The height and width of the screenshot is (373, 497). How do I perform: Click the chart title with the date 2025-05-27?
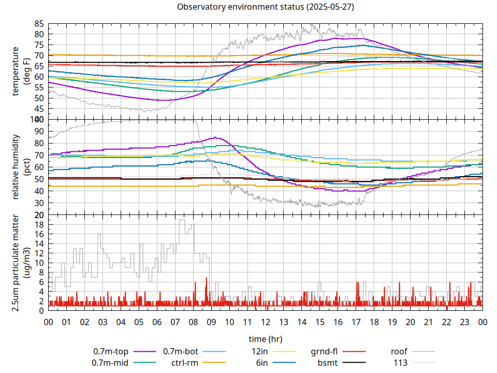pos(266,7)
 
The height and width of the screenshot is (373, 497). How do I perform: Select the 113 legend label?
pos(401,363)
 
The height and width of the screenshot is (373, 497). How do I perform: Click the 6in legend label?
pos(261,363)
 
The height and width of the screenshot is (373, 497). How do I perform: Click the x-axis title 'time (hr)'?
pos(266,339)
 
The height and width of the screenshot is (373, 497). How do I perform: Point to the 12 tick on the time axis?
pos(266,322)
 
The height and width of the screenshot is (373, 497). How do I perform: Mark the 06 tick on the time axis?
pos(157,322)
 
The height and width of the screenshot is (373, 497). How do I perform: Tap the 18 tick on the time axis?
pos(374,322)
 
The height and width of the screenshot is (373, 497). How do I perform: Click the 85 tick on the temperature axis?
pos(39,24)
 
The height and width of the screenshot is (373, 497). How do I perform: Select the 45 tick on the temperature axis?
pos(39,109)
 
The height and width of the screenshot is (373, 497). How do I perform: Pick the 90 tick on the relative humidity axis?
pos(39,131)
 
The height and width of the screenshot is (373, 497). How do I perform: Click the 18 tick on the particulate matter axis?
pos(39,224)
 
